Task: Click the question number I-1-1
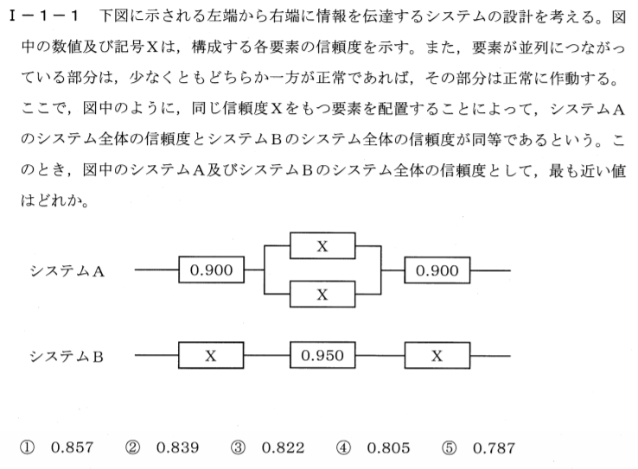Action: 42,16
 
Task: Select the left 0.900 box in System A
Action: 211,269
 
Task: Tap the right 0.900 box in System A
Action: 437,269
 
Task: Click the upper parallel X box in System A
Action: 322,245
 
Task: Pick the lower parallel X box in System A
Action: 322,294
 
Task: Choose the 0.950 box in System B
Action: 322,355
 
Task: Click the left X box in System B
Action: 211,355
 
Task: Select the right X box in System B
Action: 437,356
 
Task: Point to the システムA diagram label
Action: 67,270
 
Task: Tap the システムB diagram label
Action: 67,357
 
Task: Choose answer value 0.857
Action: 72,447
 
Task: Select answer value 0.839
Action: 177,447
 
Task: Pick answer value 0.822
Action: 283,447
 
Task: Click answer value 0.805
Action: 388,447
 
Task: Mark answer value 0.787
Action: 494,448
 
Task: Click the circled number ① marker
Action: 28,448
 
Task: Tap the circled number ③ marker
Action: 238,448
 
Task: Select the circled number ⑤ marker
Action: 449,448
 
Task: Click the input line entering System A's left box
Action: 156,269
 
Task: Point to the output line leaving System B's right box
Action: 490,356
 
